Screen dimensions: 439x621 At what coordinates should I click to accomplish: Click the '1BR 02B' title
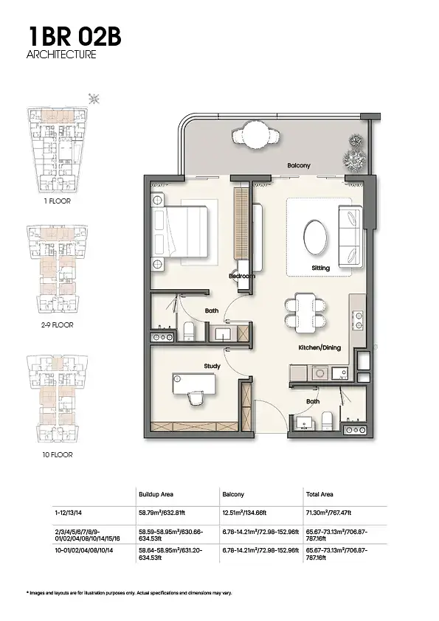(75, 36)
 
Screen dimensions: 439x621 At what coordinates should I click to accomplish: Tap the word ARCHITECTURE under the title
(61, 55)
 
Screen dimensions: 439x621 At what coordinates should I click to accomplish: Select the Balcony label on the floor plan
(299, 165)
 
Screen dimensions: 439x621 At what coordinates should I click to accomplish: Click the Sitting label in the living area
(320, 268)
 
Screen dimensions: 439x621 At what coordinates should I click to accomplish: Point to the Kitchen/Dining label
(319, 347)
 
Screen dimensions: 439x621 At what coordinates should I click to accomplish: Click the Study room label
(212, 367)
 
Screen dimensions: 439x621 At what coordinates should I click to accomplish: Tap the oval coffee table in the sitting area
(316, 237)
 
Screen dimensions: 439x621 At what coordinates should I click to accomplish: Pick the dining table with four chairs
(305, 313)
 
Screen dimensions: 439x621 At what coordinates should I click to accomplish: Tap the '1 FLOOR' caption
(58, 201)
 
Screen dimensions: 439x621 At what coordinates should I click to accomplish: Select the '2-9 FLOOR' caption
(58, 325)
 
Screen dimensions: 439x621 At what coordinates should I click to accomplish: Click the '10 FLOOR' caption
(58, 454)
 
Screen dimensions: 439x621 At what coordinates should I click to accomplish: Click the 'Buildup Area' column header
(156, 495)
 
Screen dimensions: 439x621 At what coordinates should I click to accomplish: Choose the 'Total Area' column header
(319, 495)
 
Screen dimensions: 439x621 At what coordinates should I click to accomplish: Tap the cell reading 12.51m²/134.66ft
(244, 513)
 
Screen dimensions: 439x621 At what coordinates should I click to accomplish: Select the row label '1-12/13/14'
(69, 513)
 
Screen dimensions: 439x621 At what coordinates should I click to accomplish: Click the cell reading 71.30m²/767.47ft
(328, 513)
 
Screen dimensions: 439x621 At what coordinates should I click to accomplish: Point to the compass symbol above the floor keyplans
(94, 99)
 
